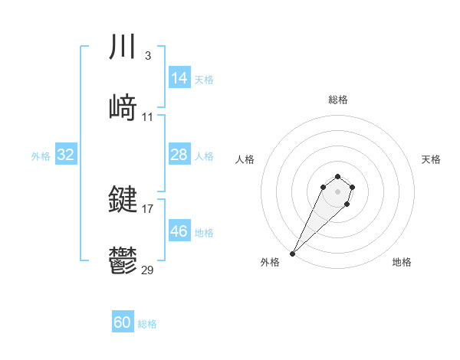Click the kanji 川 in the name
123,47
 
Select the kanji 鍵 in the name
123,201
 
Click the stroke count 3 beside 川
147,56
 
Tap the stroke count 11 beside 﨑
148,117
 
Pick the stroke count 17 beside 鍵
148,208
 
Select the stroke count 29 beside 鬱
148,270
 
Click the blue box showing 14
179,78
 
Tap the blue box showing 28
179,155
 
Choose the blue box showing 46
179,231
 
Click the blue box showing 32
66,155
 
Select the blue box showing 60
123,323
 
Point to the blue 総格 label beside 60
147,324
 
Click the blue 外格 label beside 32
41,155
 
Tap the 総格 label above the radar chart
338,100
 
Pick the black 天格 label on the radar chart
432,159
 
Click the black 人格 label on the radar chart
245,159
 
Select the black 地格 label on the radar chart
402,262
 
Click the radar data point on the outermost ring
293,254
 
